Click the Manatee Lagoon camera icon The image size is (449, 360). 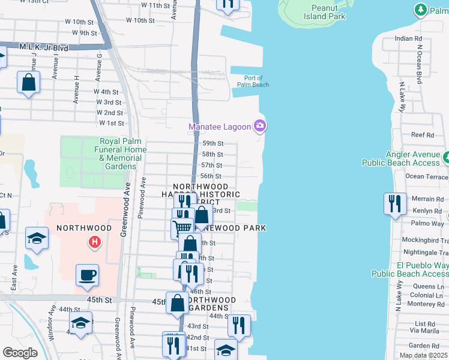pos(260,126)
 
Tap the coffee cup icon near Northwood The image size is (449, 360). pos(87,275)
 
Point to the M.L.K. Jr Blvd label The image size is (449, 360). pos(44,47)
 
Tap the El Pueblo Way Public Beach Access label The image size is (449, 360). pos(410,269)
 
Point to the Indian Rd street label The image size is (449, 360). pos(409,38)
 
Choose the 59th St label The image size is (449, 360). pos(212,143)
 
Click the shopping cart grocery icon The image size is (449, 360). pos(182,227)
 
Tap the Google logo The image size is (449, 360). pos(20,353)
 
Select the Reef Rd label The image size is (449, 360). pos(423,135)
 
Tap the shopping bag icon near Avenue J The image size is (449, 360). pos(28,82)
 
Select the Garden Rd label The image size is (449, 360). pos(424,346)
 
